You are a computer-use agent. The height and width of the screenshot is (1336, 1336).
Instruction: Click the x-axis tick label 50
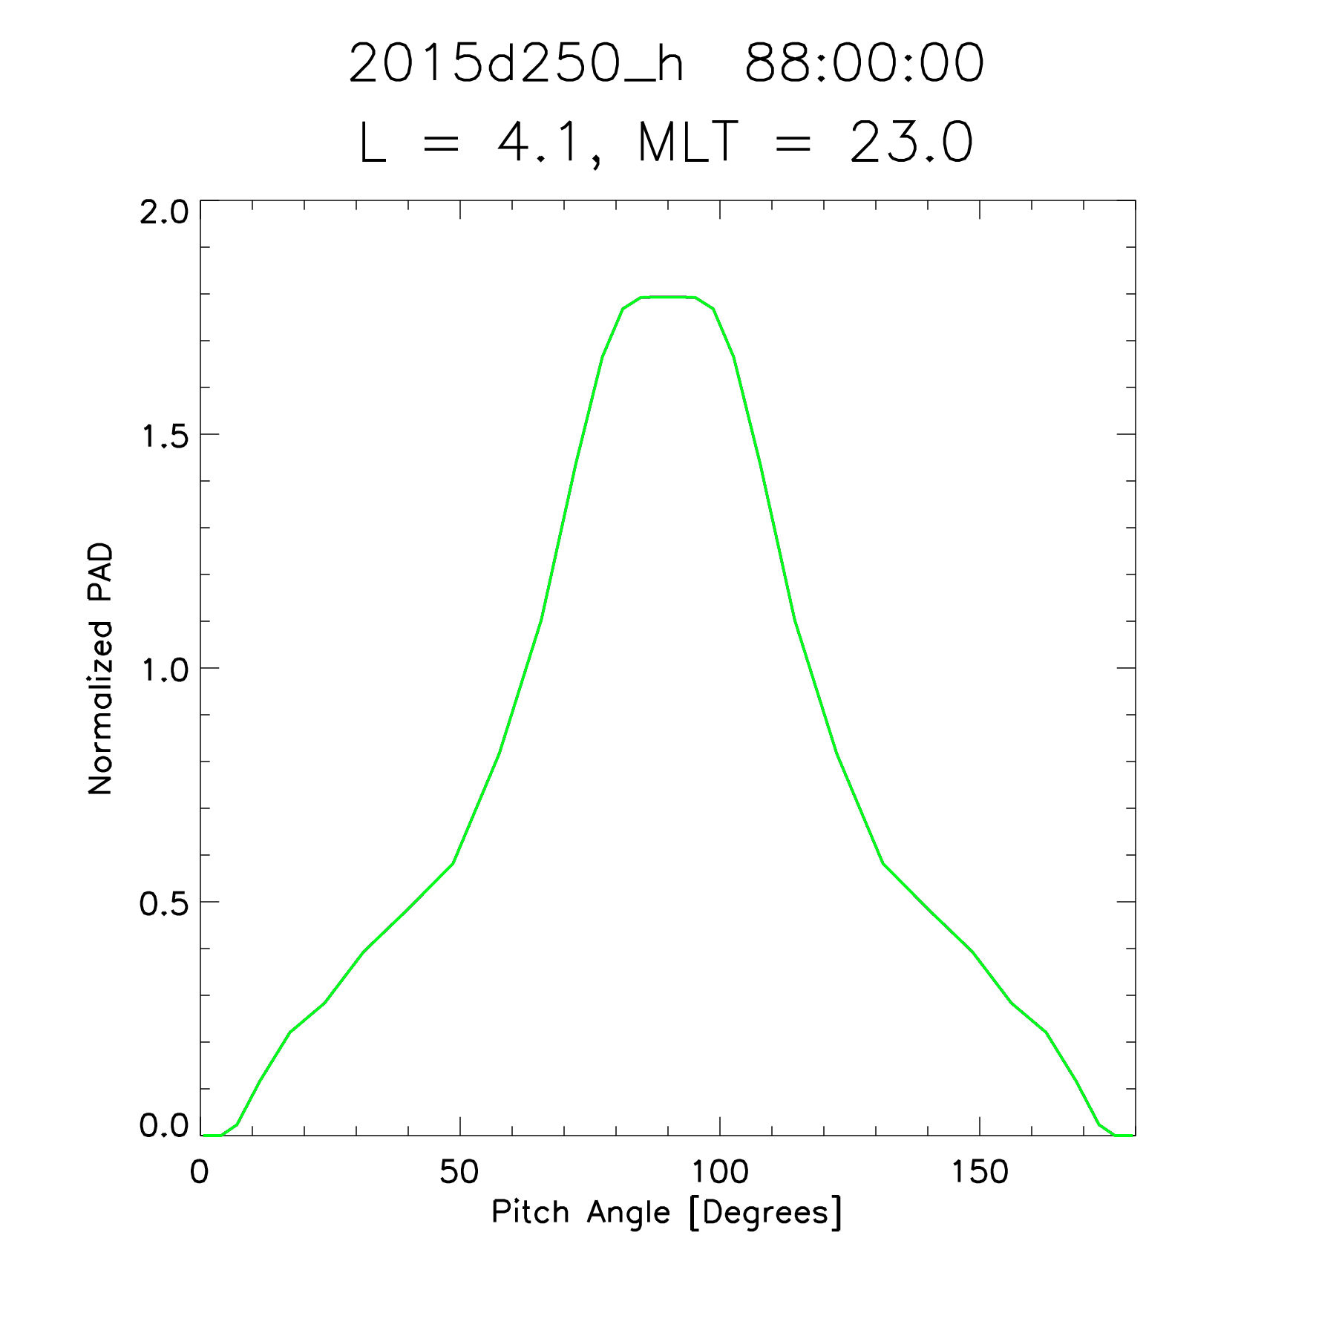459,1172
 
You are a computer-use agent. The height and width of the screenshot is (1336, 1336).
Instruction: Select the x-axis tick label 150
979,1172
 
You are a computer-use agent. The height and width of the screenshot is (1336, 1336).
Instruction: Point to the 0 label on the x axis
199,1172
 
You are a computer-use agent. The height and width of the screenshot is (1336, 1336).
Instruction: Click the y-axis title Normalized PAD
100,668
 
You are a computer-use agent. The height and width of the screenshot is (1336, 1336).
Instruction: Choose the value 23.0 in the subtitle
911,142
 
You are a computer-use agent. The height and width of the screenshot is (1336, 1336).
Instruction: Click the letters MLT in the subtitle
688,142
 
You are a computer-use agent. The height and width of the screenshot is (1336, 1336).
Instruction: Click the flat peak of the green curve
668,297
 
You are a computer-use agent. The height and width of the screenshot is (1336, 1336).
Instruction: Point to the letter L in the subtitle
373,142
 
